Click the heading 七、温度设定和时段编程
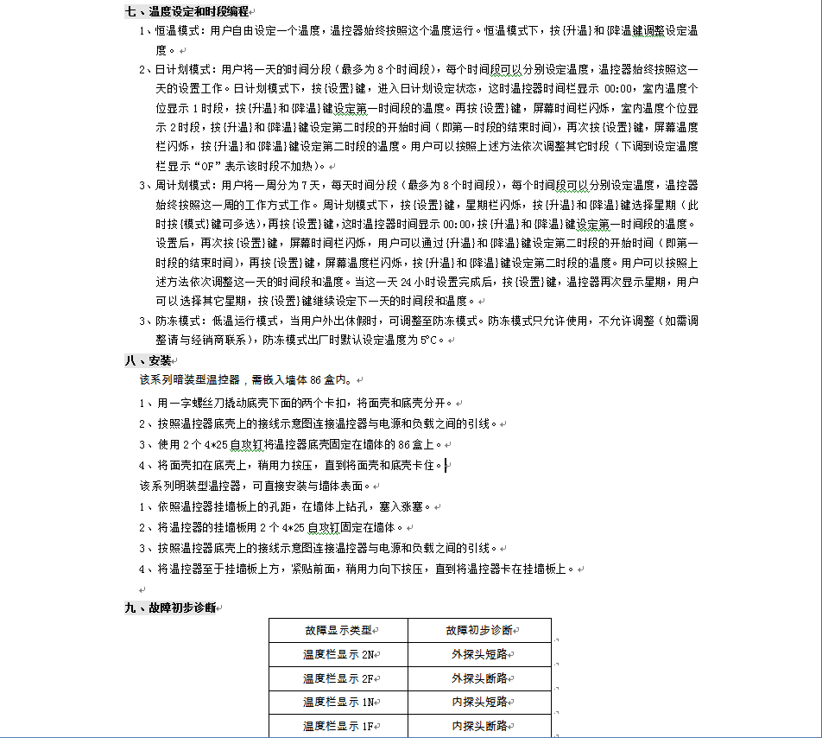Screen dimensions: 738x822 [x=187, y=11]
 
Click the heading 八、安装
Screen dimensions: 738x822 [x=148, y=360]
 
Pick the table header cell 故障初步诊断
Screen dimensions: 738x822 [x=479, y=631]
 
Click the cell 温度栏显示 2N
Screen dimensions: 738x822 [x=338, y=655]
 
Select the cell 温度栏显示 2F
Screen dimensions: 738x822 [x=338, y=678]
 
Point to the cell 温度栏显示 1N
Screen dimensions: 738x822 [x=338, y=703]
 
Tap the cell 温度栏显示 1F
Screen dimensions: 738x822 [x=338, y=727]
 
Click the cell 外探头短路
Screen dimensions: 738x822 [x=479, y=655]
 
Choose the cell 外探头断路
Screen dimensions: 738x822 [x=479, y=678]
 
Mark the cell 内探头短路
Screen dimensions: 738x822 [x=479, y=703]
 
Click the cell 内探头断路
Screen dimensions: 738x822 [x=479, y=727]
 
